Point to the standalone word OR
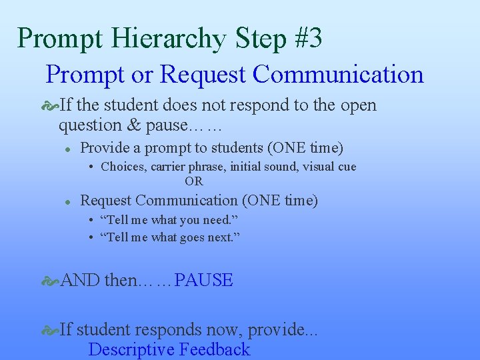(193, 181)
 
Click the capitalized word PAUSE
(203, 280)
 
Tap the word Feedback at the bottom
(214, 349)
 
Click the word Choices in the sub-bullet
(123, 167)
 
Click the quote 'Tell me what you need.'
(169, 220)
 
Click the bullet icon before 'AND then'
(51, 281)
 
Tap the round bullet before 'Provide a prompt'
(68, 149)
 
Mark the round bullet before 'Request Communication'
(68, 201)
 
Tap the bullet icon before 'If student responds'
(51, 329)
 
